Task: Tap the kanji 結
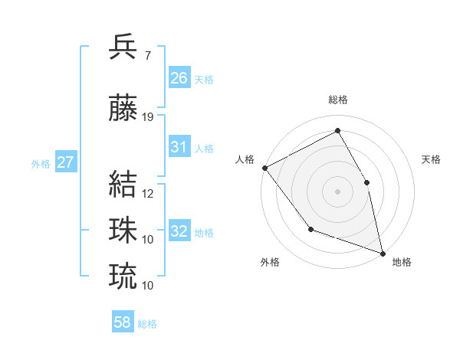123,185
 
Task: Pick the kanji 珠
123,230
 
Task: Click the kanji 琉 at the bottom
123,276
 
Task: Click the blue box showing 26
179,78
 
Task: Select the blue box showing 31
179,148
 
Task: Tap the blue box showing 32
179,231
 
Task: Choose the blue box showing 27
66,162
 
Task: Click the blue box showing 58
123,323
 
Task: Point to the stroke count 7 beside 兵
147,55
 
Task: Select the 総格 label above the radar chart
338,100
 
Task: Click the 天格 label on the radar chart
431,159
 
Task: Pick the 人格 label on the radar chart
245,159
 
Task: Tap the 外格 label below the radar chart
270,262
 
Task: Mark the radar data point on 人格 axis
264,168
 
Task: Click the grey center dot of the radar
337,191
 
